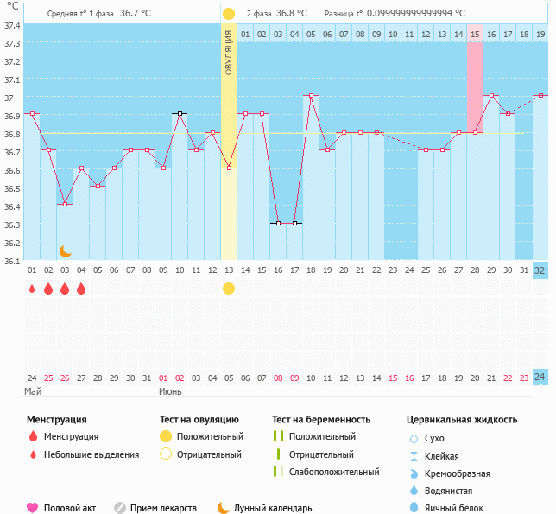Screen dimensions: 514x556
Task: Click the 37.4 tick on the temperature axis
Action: tap(12, 26)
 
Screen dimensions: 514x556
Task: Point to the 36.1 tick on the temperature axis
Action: tap(12, 261)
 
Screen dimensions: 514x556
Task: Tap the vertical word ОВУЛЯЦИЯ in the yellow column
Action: tap(229, 52)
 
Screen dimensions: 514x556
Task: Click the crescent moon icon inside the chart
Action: tap(66, 251)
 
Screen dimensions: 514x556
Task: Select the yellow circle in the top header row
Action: tap(228, 14)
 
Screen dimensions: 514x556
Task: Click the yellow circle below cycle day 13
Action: tap(228, 288)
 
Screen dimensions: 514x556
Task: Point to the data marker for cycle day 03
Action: tap(66, 204)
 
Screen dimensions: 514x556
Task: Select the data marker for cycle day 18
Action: tap(311, 95)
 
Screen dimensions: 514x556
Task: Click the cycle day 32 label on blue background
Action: tap(540, 270)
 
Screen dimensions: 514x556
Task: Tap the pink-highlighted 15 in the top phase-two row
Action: tap(475, 34)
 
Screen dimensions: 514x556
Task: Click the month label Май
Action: tap(33, 391)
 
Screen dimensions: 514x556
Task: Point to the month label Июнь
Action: tap(170, 391)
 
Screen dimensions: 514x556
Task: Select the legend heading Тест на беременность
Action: tap(320, 420)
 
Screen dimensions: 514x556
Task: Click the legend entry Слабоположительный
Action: tap(334, 472)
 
